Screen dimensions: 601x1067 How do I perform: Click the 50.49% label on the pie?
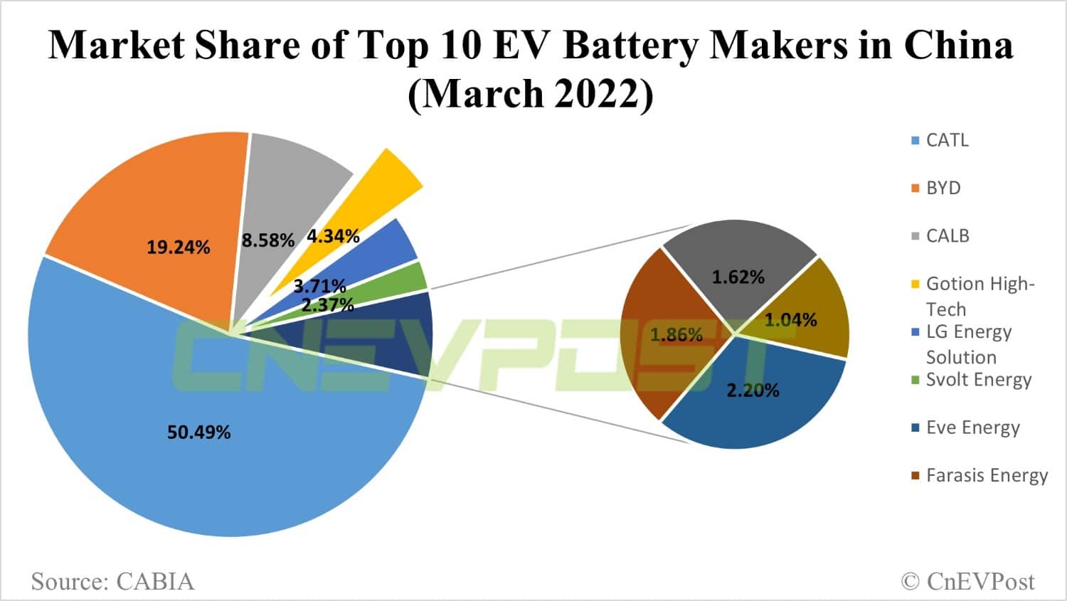point(198,432)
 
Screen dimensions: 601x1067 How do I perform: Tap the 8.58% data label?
point(267,240)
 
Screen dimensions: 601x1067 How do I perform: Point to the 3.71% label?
point(319,287)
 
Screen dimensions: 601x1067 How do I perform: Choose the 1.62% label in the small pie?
point(738,277)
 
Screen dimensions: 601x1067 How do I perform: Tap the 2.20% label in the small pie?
point(753,390)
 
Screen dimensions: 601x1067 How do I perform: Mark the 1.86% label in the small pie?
point(676,334)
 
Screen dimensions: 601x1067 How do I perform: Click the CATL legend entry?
point(947,140)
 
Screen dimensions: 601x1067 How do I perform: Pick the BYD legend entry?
point(943,188)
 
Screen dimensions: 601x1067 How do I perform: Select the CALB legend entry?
point(947,235)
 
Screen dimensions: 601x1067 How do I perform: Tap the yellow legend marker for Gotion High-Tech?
point(915,284)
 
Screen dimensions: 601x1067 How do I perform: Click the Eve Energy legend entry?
point(972,427)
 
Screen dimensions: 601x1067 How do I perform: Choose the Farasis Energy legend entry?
point(986,475)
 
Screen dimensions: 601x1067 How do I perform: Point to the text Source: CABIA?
point(112,581)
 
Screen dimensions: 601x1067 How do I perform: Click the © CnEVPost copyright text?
point(967,581)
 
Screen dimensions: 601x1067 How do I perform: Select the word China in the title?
point(958,45)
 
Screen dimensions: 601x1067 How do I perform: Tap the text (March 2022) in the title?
point(530,93)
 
